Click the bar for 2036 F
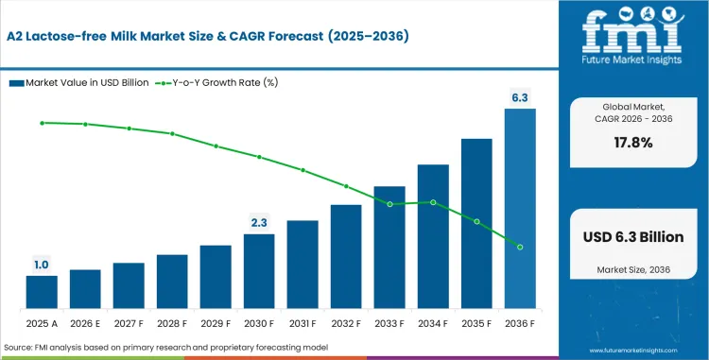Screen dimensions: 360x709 tap(520, 208)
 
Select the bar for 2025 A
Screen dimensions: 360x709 tap(42, 291)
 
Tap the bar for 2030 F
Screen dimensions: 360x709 tap(259, 270)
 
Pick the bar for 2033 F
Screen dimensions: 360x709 tap(389, 246)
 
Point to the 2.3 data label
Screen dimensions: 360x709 tap(259, 222)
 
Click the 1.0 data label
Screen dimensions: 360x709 tap(42, 265)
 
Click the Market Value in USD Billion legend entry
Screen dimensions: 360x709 tap(79, 82)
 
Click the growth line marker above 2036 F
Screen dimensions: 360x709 tap(520, 247)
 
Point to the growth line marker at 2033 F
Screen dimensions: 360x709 tap(389, 203)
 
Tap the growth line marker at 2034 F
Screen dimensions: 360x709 tap(433, 201)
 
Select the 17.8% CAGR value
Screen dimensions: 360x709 tap(632, 143)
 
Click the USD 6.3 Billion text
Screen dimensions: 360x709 tap(632, 237)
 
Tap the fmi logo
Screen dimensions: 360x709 tap(632, 36)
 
